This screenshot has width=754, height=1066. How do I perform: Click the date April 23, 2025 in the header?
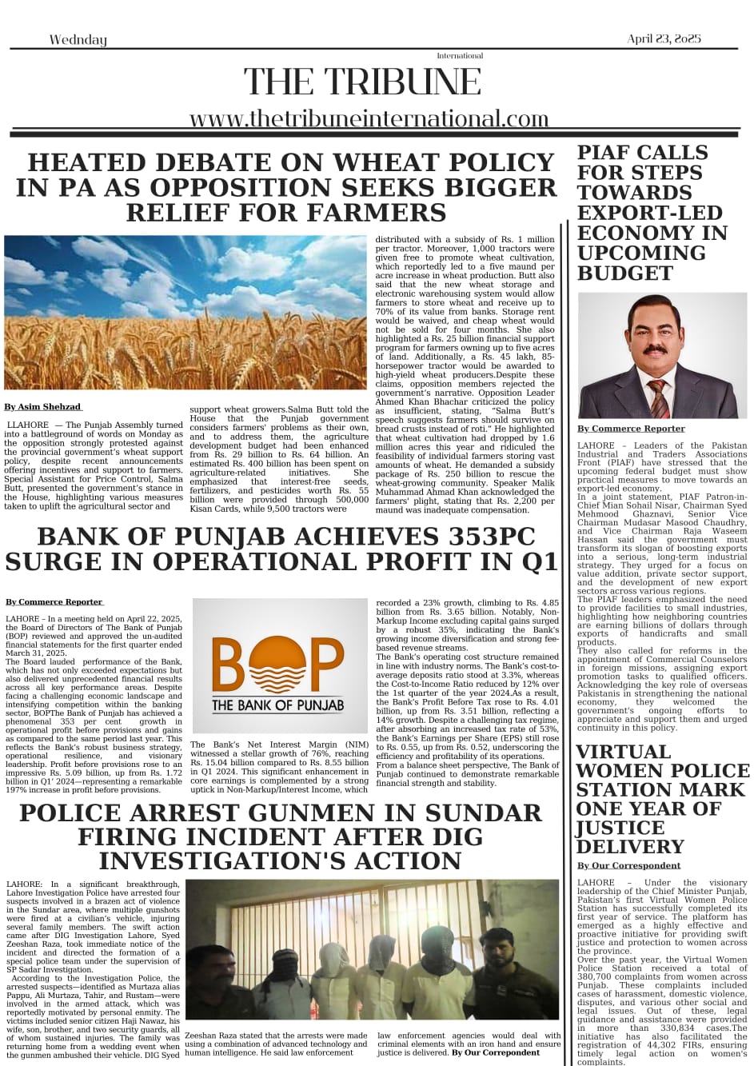coord(664,38)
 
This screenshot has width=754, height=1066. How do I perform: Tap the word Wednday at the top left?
coord(78,40)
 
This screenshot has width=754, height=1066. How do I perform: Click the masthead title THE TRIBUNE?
coord(362,82)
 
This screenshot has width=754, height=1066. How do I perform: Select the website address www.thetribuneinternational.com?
coord(369,118)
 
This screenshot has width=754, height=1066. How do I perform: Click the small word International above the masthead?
coord(460,56)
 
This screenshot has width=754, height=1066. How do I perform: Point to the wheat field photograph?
coord(186,312)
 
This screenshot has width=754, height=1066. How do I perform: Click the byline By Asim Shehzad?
coord(43,407)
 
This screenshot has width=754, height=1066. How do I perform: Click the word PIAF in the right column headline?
coord(608,153)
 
